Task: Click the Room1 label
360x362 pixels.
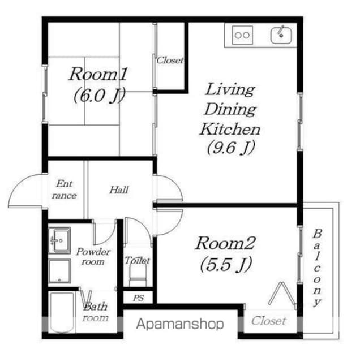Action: click(98, 74)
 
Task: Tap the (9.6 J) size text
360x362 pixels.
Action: click(231, 148)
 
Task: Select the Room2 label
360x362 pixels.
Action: click(225, 243)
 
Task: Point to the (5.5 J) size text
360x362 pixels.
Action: click(226, 265)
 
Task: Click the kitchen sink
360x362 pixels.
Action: click(281, 35)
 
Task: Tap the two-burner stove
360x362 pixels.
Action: click(242, 35)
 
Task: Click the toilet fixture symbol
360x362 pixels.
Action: click(138, 274)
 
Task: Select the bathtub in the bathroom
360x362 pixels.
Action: click(62, 312)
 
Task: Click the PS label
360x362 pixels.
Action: click(139, 298)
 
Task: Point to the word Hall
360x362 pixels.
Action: click(119, 190)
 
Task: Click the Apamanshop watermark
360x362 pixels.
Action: click(180, 324)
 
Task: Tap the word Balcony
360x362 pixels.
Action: click(317, 268)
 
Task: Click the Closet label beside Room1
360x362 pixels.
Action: click(170, 61)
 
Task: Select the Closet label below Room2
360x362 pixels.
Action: click(269, 321)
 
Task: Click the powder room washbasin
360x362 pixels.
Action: click(59, 240)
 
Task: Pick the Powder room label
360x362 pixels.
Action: click(93, 256)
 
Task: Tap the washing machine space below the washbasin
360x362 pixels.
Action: click(59, 271)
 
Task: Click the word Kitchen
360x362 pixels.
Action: click(230, 130)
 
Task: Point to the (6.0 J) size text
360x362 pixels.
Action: click(99, 95)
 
